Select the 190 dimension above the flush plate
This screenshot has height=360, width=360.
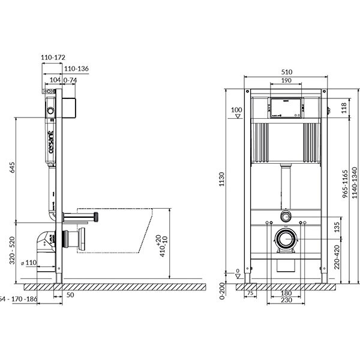point(286,80)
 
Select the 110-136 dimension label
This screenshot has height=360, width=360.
point(76,68)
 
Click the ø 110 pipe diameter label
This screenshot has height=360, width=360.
point(30,263)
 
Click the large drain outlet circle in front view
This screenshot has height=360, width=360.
point(286,239)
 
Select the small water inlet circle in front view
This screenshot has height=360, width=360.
point(286,214)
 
